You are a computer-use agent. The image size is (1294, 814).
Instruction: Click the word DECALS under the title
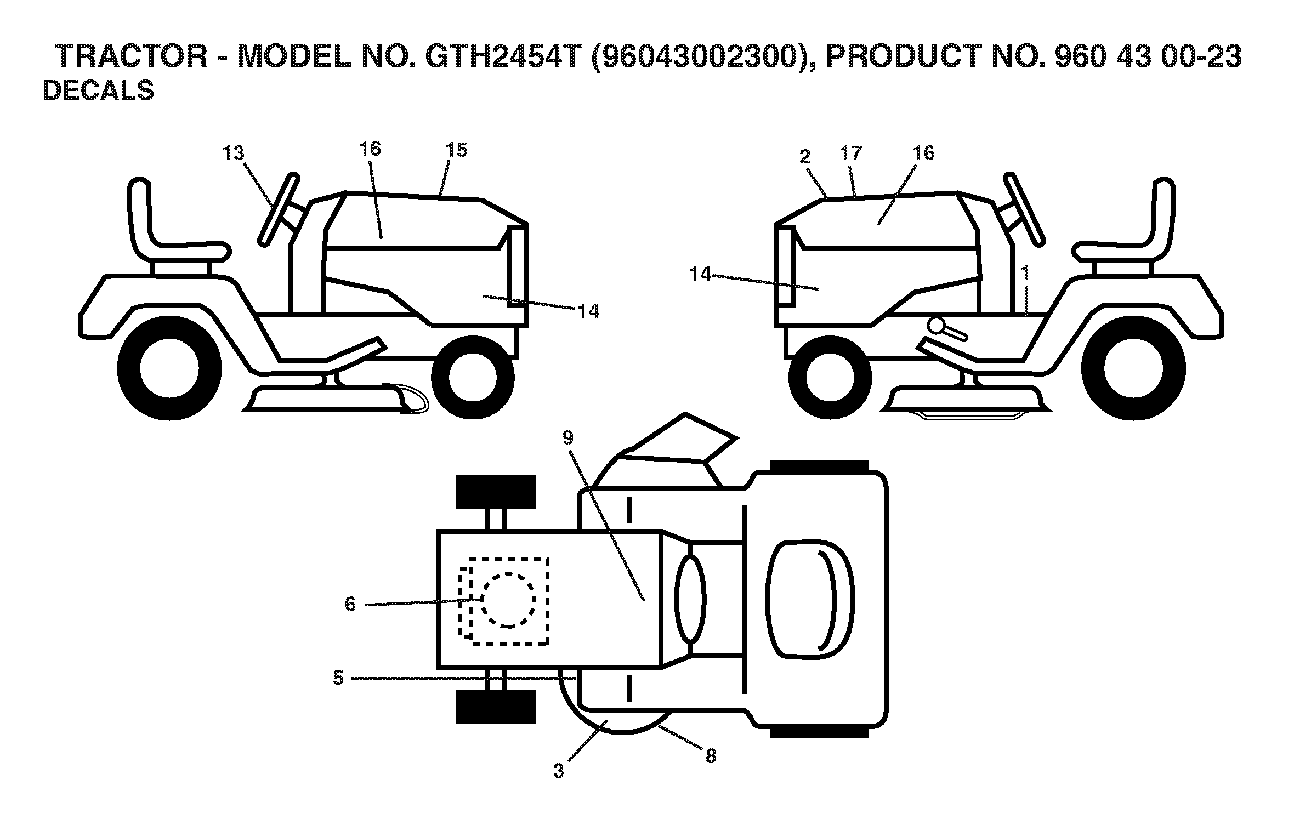point(99,90)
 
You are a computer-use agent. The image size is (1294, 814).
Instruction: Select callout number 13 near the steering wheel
point(234,153)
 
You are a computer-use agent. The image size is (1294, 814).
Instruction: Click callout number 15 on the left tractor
point(457,150)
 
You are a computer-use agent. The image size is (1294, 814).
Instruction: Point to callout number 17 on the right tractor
point(852,153)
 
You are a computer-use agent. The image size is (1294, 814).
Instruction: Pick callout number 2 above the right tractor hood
point(805,157)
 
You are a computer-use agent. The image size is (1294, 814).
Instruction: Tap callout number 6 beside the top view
point(350,604)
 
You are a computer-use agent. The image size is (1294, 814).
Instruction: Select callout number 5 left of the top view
point(338,678)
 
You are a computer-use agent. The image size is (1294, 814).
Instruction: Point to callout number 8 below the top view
point(711,756)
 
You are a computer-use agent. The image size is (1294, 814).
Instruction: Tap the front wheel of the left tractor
point(473,377)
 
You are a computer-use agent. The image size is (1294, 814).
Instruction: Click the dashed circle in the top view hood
point(508,600)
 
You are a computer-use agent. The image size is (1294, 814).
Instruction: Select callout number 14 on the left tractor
point(588,311)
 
